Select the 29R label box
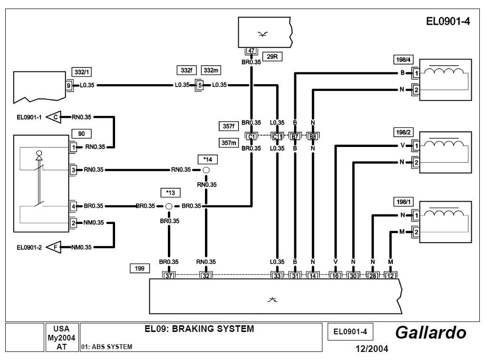[272, 57]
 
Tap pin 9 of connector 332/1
[69, 85]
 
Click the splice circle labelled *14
[206, 170]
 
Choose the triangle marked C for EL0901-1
[55, 116]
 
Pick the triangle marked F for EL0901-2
[55, 247]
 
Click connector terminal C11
[277, 137]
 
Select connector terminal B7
[295, 137]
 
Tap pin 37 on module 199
[169, 275]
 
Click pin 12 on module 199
[390, 275]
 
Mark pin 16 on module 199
[336, 275]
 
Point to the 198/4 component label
[402, 60]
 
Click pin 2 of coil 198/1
[416, 233]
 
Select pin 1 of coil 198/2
[416, 146]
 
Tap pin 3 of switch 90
[73, 170]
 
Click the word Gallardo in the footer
[430, 332]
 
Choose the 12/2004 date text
[372, 349]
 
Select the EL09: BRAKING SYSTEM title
[199, 329]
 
